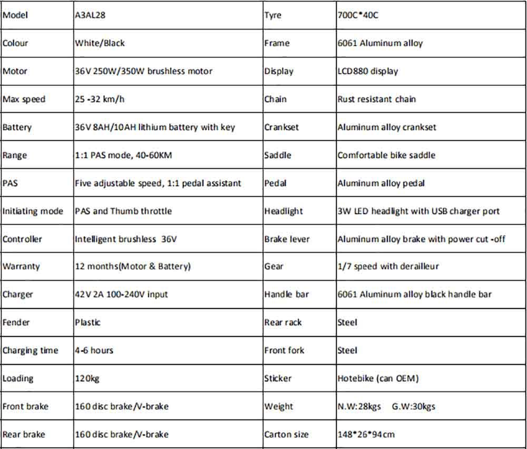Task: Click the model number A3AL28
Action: [x=90, y=15]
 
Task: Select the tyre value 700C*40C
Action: [x=358, y=15]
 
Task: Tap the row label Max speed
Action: [x=24, y=99]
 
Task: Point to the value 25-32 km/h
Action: [x=100, y=99]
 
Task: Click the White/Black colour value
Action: [x=100, y=43]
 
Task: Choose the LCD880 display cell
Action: [x=368, y=71]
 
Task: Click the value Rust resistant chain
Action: [x=376, y=99]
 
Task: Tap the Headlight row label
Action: [x=284, y=211]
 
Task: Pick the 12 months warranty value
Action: [x=133, y=267]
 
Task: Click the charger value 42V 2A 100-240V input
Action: [x=121, y=295]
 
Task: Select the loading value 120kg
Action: [x=87, y=378]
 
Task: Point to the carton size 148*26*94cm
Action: [x=366, y=435]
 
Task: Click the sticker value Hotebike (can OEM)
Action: [x=378, y=378]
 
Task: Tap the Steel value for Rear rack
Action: [x=347, y=323]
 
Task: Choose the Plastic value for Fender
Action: [x=87, y=323]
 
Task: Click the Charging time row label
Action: [x=30, y=350]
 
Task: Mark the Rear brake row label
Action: [x=24, y=435]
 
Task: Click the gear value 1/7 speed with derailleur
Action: [x=388, y=267]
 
